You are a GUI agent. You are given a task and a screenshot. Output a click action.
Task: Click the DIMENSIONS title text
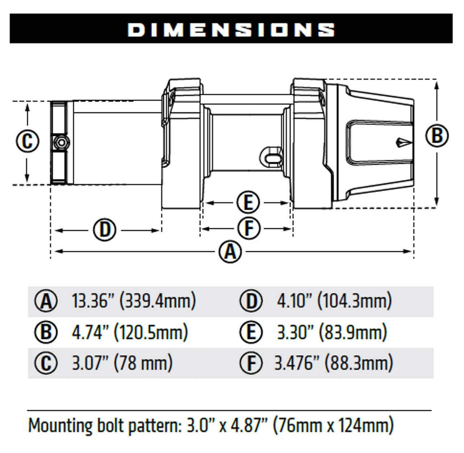(x=231, y=29)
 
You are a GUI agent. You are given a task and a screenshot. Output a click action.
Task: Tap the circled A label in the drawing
(x=230, y=252)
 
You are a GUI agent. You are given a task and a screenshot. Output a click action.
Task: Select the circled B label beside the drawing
(x=437, y=136)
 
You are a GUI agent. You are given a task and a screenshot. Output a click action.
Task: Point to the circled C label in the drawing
(x=27, y=141)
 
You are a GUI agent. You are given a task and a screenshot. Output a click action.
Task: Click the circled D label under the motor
(x=105, y=230)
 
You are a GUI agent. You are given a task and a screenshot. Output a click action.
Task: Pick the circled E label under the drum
(x=248, y=202)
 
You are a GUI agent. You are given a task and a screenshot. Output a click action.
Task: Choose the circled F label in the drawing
(x=249, y=228)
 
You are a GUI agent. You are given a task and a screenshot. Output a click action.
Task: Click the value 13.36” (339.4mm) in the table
(x=134, y=301)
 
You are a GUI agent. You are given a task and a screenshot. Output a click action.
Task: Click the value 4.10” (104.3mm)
(x=334, y=301)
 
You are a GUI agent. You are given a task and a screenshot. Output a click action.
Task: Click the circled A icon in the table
(x=46, y=301)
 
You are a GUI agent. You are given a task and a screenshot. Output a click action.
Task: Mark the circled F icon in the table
(x=251, y=363)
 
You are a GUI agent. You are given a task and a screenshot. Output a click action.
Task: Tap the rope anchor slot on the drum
(x=271, y=157)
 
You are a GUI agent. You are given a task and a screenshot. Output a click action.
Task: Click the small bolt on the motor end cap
(x=61, y=142)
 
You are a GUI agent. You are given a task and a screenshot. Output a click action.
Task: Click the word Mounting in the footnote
(x=60, y=426)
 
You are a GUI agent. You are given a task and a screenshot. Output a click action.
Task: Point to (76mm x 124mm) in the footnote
(x=333, y=426)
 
